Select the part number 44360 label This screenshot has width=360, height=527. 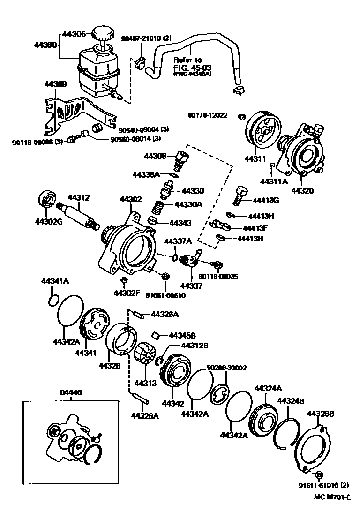[45, 45]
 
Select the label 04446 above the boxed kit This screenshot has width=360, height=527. [71, 392]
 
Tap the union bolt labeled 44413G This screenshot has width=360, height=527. [240, 196]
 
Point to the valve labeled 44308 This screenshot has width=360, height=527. [182, 160]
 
